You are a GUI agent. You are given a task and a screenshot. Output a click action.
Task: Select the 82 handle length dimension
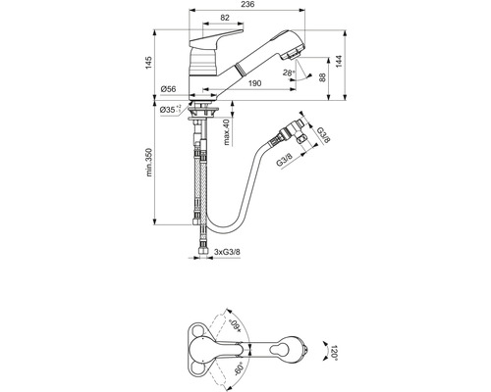[225, 18]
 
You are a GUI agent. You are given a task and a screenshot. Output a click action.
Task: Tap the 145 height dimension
[149, 63]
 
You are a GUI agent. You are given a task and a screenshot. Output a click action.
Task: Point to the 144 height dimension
[339, 62]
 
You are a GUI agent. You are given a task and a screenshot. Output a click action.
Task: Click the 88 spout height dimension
[323, 77]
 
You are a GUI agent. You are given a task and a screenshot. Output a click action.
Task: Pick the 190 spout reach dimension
[254, 83]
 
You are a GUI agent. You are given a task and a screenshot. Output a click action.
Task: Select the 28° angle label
[289, 73]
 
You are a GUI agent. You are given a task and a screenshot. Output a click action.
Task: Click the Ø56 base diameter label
[168, 89]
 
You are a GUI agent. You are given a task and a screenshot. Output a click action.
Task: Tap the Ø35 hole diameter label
[170, 110]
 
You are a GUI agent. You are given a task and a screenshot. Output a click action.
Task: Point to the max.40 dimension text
[227, 132]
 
